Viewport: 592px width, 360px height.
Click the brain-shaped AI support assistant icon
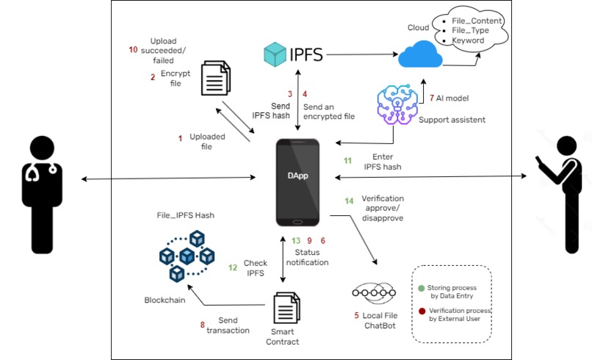coord(397,104)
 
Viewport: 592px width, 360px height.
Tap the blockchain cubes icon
coord(187,256)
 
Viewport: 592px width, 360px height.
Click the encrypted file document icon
coord(216,79)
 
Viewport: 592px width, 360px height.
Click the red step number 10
coord(133,51)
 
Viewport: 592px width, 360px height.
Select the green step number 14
coord(350,201)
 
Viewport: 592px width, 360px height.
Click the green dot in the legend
coord(421,287)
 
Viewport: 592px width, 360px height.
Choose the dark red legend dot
coord(421,311)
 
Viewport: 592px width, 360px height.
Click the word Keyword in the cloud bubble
coord(469,40)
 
